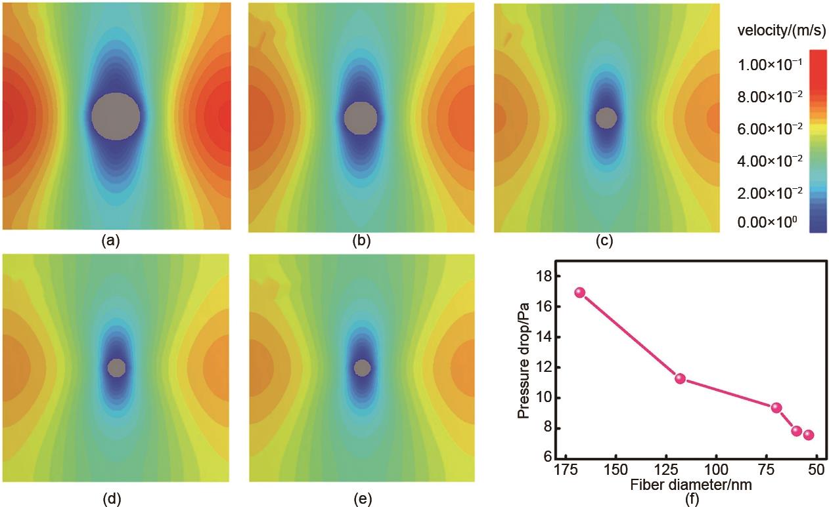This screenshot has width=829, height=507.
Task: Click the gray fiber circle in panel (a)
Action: coord(116,115)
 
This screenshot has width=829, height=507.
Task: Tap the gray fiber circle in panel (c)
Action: coord(606,118)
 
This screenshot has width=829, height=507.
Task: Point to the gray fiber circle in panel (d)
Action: coord(116,367)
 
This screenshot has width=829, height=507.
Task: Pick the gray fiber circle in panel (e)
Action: coord(361,367)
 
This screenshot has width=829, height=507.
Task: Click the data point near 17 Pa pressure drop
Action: coord(579,293)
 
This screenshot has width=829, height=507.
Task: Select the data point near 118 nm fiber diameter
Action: coord(680,378)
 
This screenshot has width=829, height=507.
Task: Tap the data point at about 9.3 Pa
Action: coord(776,407)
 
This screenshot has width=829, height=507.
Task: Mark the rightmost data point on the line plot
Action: coord(809,435)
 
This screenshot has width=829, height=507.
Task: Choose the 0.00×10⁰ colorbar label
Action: coord(767,223)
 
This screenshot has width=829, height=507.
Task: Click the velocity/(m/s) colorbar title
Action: coord(776,31)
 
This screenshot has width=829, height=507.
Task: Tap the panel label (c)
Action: coord(604,241)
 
